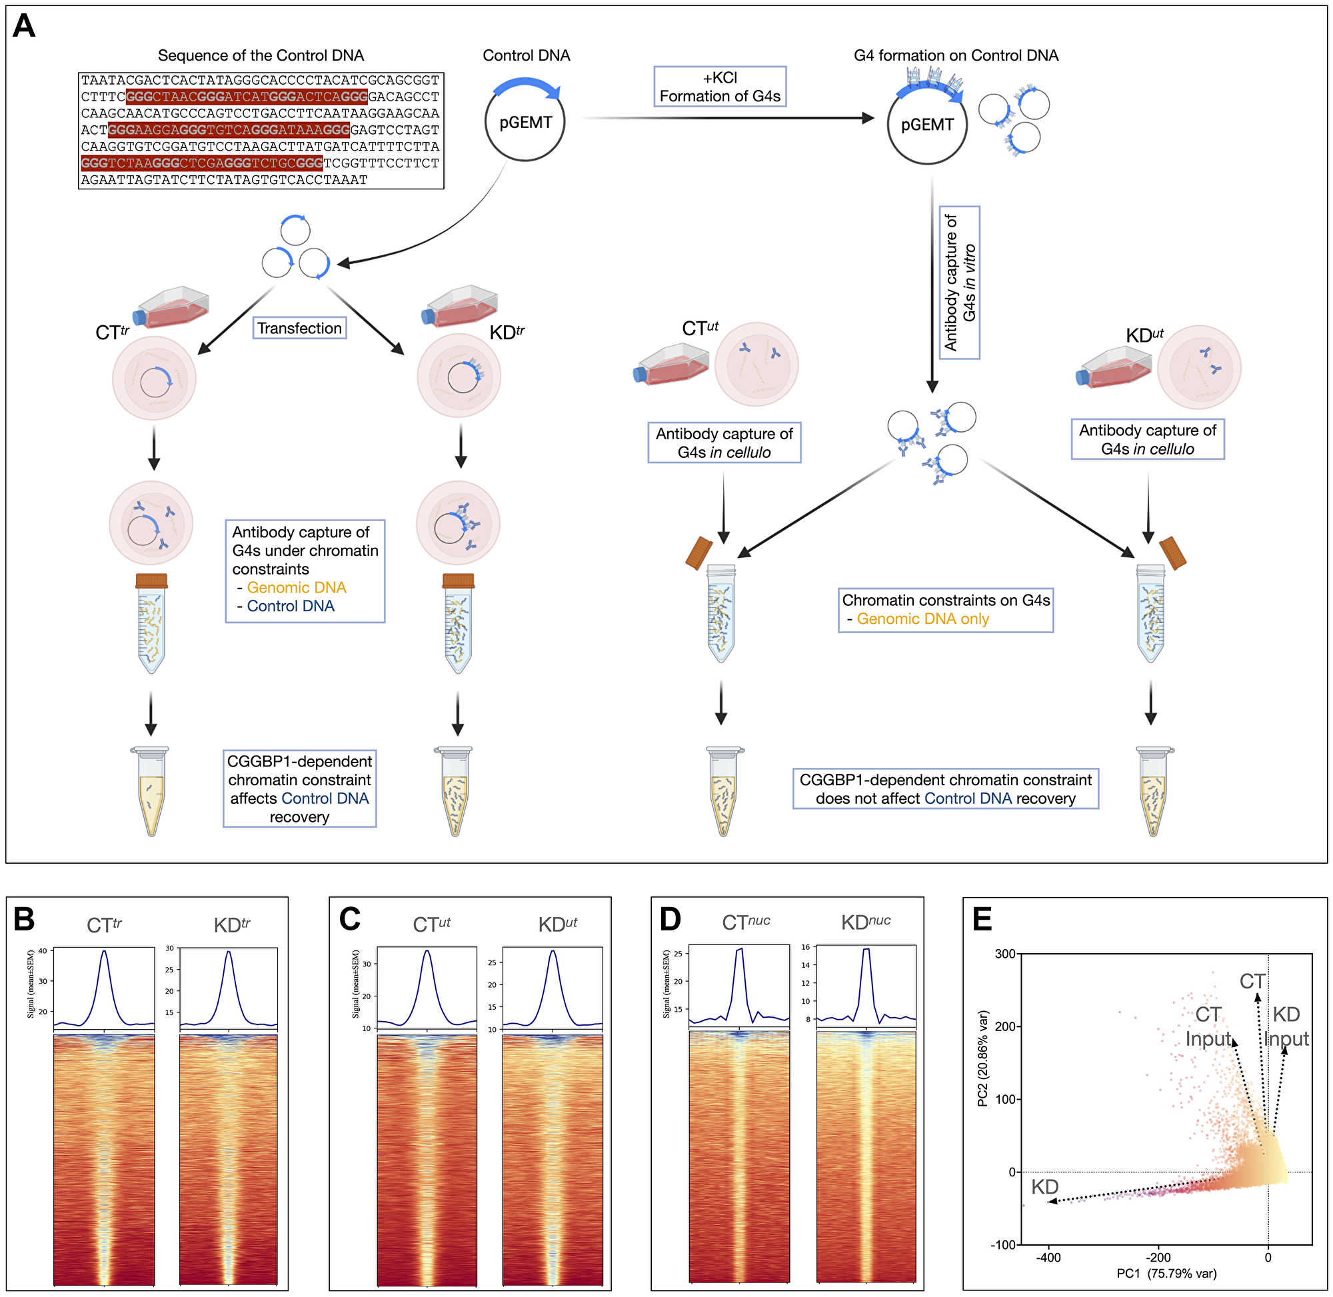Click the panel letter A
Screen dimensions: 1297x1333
[24, 27]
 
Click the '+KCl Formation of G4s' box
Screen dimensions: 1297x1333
[719, 87]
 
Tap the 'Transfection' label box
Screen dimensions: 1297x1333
[299, 329]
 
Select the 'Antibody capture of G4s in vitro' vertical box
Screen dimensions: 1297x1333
[959, 283]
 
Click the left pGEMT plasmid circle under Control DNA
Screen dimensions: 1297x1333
[525, 123]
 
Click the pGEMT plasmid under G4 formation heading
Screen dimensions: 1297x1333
[926, 125]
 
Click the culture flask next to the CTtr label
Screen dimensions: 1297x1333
[173, 308]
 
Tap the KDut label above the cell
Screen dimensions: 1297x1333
[1144, 335]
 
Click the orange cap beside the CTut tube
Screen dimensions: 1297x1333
[699, 553]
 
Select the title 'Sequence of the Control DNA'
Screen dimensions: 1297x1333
[260, 56]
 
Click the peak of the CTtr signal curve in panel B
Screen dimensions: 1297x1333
[103, 952]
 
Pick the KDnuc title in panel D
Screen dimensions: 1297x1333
[865, 922]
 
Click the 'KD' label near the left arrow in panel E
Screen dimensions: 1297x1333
[1044, 1187]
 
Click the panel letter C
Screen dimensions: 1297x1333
[349, 920]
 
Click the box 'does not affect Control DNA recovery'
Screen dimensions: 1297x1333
[944, 790]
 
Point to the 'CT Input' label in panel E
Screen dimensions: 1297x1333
[1208, 1026]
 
